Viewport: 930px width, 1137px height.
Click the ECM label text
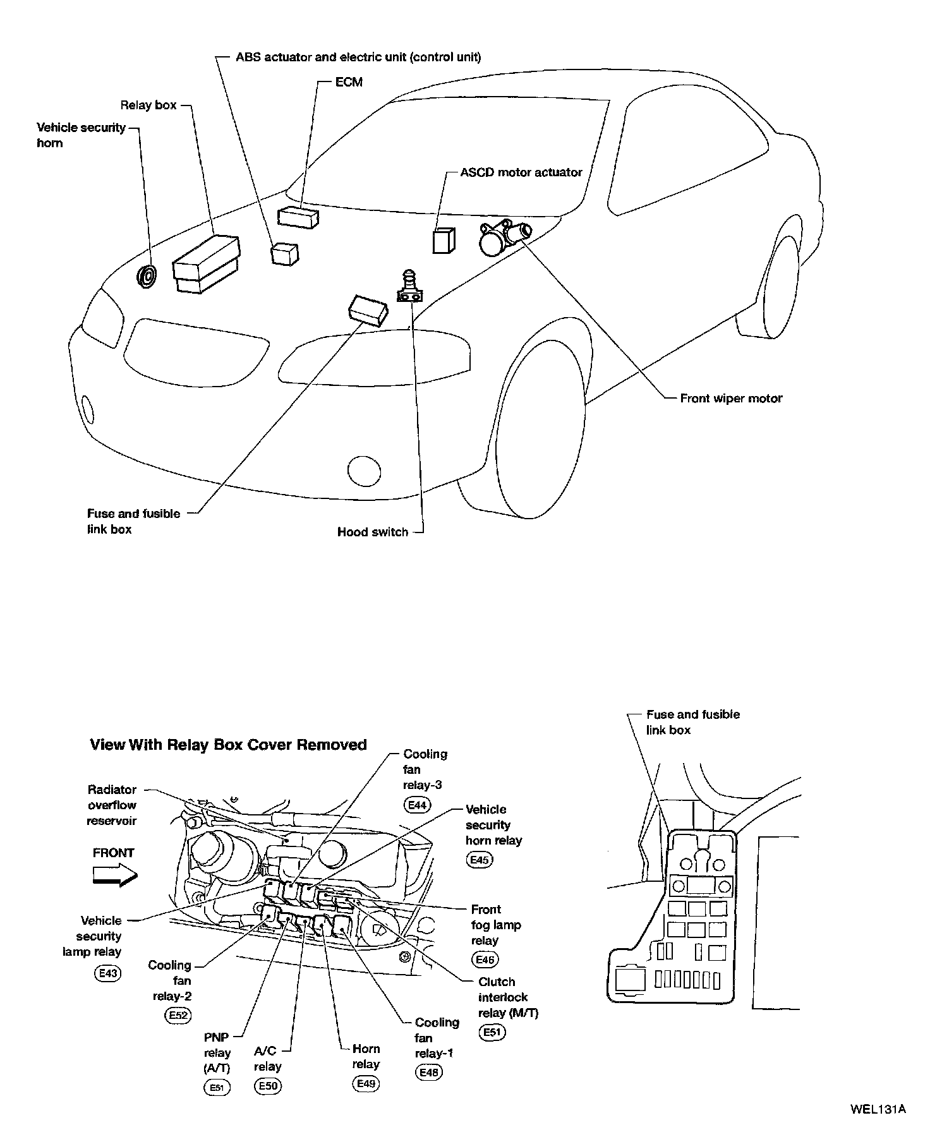point(349,82)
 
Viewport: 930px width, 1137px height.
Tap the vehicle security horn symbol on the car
point(148,277)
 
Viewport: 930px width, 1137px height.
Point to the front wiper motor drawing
point(503,236)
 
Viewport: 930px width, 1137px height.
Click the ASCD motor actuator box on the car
point(444,240)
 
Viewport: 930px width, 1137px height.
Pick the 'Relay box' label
point(148,105)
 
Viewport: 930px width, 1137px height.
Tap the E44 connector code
point(418,805)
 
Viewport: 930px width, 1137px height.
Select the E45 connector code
point(480,860)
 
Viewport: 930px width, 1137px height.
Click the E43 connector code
point(107,973)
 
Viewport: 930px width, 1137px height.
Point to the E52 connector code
point(178,1015)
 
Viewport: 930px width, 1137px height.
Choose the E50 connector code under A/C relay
point(267,1086)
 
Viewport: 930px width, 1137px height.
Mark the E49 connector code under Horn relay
point(366,1084)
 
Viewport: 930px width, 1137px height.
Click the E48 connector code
point(429,1072)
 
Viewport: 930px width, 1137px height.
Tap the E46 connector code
point(485,960)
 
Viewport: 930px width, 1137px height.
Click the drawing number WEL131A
point(878,1109)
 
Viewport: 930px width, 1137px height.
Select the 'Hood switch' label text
point(373,532)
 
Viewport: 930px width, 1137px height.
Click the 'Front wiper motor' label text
point(731,399)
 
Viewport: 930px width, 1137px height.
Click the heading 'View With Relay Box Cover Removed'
point(228,745)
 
